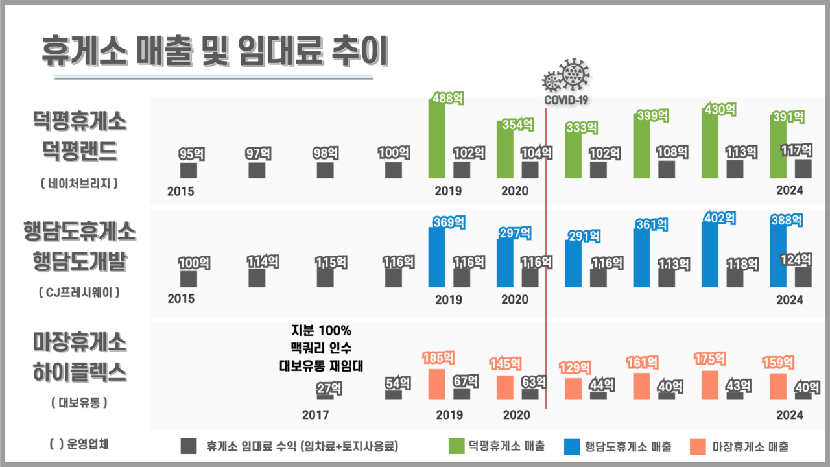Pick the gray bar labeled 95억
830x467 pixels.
[x=189, y=171]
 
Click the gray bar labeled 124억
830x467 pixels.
[x=803, y=277]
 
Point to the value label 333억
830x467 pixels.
[x=582, y=128]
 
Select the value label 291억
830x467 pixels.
[x=582, y=237]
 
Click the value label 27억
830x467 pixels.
[x=326, y=389]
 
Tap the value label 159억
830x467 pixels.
[x=778, y=362]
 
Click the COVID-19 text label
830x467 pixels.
[x=565, y=101]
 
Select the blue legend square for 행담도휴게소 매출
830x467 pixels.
[x=571, y=446]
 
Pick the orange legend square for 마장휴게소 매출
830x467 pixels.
[x=698, y=446]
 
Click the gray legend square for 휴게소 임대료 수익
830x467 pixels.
[x=188, y=446]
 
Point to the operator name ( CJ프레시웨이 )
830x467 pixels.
[x=79, y=293]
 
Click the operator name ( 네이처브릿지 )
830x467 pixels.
[x=79, y=184]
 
